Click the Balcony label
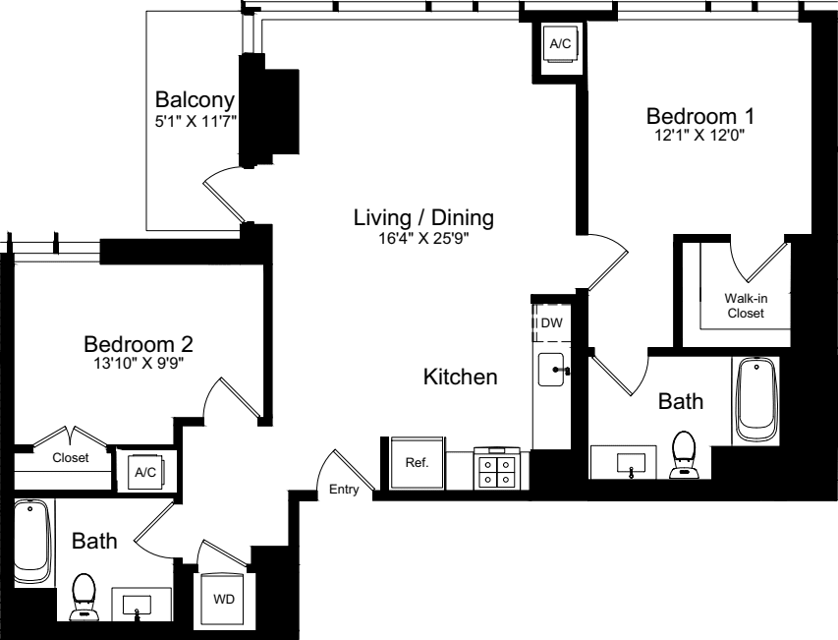(196, 100)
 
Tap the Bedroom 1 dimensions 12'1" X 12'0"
(700, 136)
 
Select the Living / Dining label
(423, 217)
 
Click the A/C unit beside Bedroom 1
(560, 44)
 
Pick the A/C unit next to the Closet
(145, 472)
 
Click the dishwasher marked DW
(551, 322)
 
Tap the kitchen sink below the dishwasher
(552, 369)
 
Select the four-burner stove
(496, 468)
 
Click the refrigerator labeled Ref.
(418, 463)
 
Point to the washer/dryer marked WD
(223, 600)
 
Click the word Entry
(344, 490)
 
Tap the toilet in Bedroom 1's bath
(683, 454)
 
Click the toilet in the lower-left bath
(84, 597)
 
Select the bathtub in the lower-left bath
(32, 541)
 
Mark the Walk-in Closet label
(746, 306)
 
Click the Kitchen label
(460, 377)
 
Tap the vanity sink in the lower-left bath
(138, 606)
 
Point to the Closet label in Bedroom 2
(71, 458)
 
